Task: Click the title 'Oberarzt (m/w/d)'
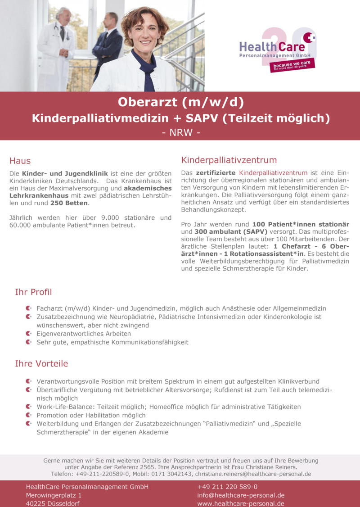180,103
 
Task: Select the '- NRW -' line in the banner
180,133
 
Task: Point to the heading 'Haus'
20,161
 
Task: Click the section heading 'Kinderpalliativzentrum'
229,160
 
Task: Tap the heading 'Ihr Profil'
33,292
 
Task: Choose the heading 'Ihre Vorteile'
41,363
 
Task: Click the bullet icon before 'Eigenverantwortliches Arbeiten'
28,334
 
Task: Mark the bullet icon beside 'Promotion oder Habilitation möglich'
28,415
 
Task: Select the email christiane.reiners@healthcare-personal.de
253,474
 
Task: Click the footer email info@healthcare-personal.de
241,495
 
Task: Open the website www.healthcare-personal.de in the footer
241,504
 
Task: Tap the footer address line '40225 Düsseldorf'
53,504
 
